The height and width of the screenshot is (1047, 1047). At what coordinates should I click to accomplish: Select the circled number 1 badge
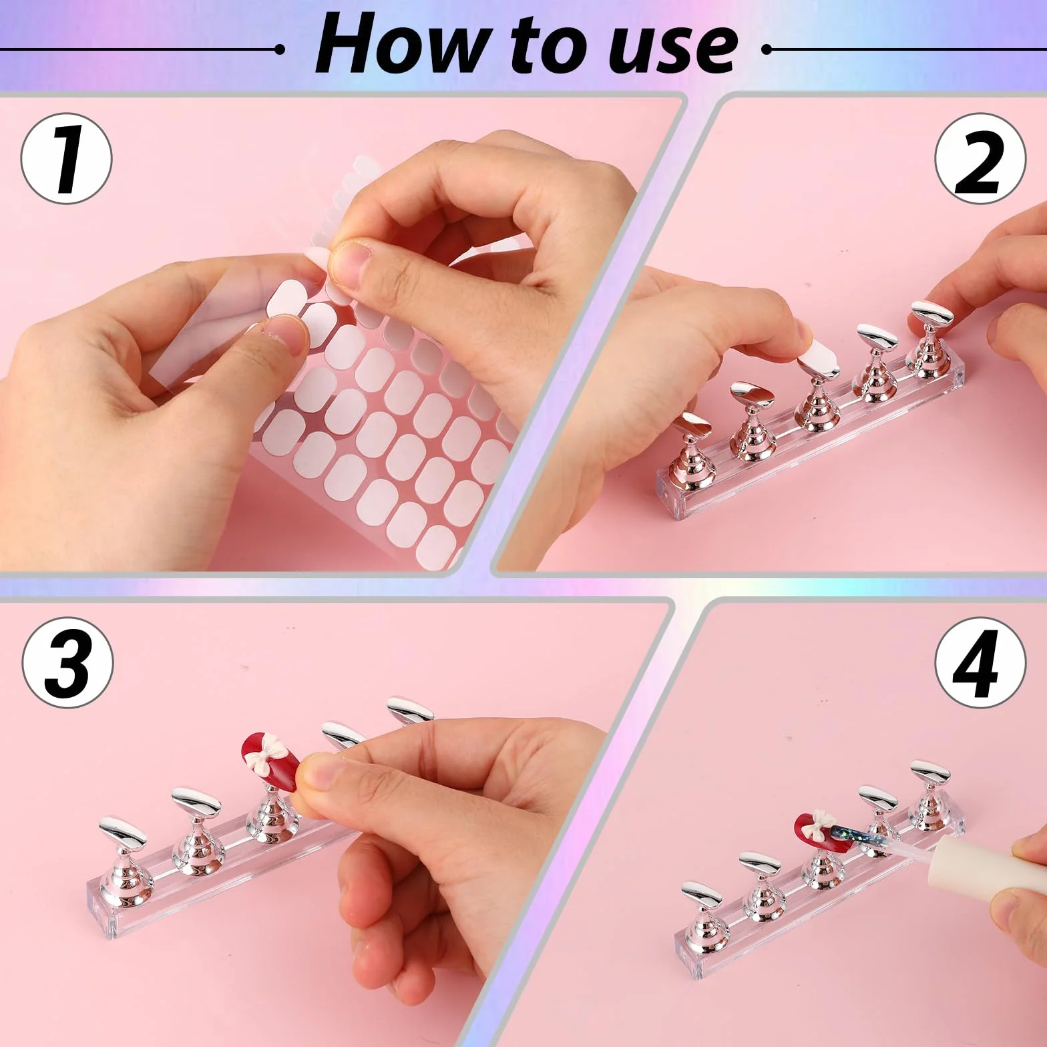click(67, 159)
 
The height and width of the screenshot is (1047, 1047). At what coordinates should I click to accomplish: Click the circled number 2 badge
click(980, 159)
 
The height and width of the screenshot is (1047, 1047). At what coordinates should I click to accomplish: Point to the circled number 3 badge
click(67, 662)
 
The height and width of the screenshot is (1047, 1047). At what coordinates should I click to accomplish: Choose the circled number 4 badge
click(980, 662)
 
